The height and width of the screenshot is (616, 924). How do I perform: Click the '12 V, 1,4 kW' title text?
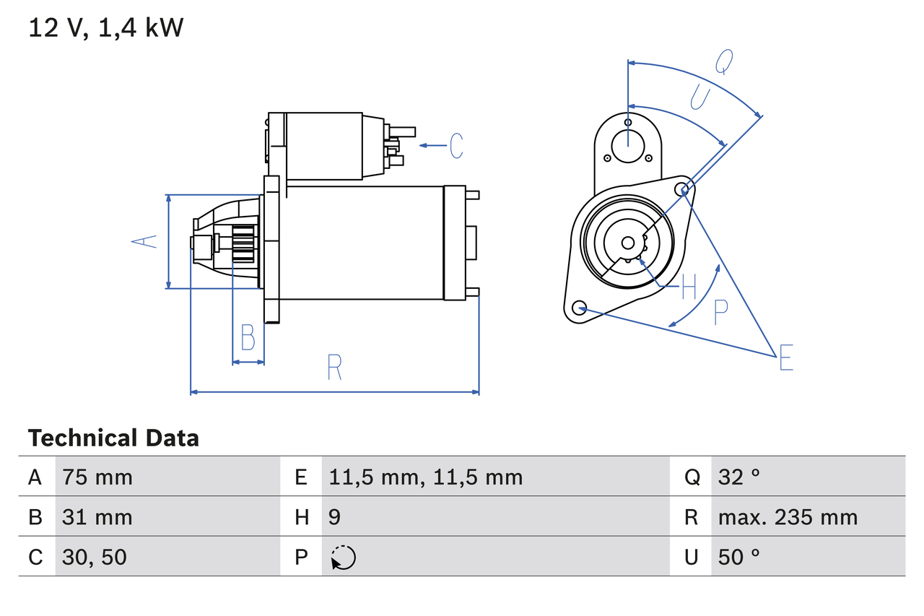coord(105,28)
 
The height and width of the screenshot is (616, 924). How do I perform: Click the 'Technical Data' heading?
coord(113,438)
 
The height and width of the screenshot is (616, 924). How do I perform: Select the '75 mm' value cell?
coord(97,477)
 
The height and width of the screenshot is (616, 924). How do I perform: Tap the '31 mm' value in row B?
coord(97,517)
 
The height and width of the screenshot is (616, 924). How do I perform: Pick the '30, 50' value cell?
coord(94,557)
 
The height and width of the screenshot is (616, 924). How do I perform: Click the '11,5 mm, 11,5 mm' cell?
coord(425,477)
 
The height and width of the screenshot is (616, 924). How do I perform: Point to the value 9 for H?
coord(334,517)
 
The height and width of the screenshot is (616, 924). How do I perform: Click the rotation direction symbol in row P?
coord(343,558)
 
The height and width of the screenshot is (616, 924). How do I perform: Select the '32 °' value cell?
coord(739,477)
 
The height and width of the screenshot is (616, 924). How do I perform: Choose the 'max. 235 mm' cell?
coord(788,517)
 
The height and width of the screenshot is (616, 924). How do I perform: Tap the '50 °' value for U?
coord(739,557)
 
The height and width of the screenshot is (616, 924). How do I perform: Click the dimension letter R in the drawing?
coord(334,368)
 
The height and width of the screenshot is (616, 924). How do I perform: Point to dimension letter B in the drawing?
coord(248,337)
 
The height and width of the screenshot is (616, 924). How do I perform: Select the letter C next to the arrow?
coord(456,146)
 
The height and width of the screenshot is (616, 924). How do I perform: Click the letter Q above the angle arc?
coord(724,63)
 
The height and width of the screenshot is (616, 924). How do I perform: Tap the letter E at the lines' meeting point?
coord(786,358)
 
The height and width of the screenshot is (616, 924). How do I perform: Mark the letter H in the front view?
coord(689,288)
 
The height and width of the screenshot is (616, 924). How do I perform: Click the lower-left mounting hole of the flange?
coord(579,308)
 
